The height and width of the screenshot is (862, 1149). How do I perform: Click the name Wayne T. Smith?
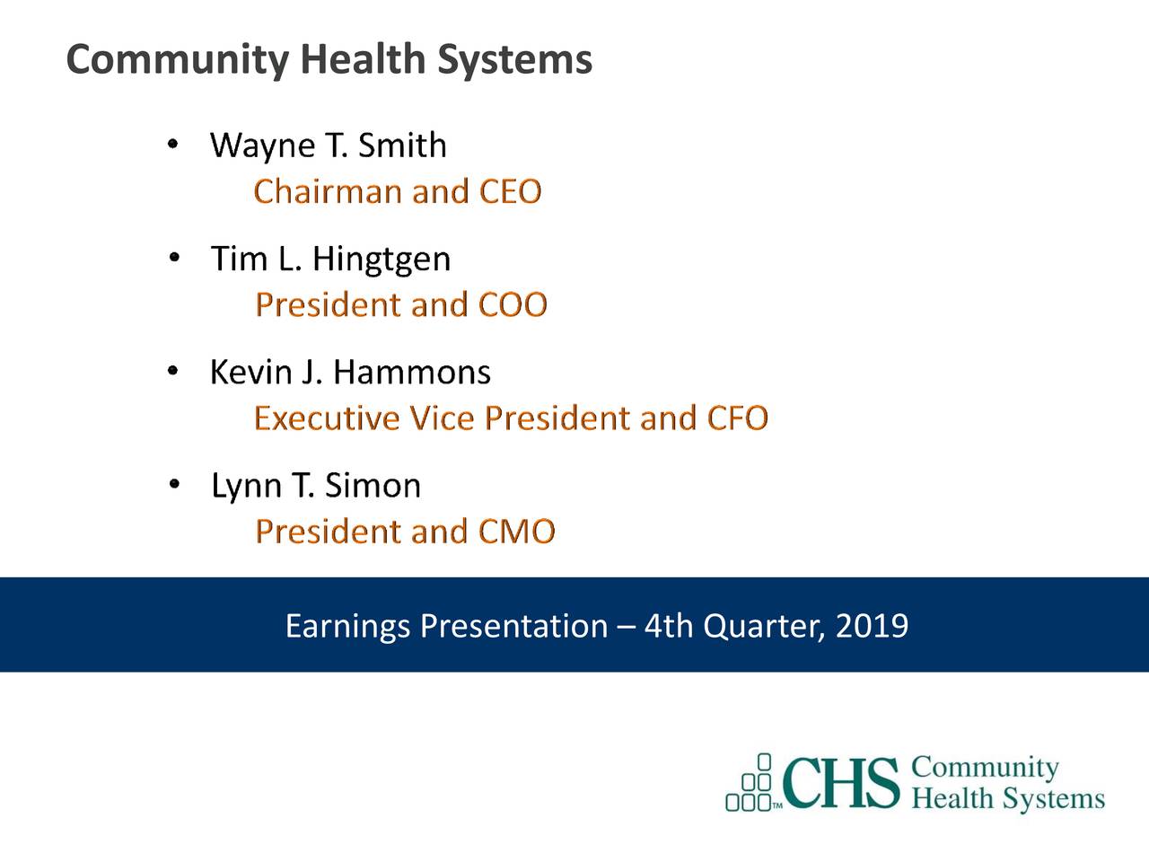(328, 145)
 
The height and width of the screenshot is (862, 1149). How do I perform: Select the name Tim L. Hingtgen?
(330, 259)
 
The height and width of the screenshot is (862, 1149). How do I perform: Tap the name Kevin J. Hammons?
(350, 372)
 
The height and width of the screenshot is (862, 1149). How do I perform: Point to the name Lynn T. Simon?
(316, 486)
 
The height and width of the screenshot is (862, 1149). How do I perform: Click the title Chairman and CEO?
(398, 192)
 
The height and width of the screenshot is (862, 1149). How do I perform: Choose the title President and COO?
(401, 305)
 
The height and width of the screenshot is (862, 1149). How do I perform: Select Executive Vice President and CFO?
(511, 418)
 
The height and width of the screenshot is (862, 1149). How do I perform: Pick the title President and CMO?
(406, 532)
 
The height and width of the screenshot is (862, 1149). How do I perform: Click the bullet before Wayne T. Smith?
(174, 144)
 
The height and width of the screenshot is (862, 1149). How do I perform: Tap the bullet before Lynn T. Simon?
(174, 485)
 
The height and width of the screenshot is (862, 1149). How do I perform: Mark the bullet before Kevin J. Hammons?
(174, 371)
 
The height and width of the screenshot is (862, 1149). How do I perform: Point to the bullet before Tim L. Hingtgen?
(174, 259)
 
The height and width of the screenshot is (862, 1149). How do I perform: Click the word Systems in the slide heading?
(514, 61)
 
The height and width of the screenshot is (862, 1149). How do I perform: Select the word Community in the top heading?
(177, 61)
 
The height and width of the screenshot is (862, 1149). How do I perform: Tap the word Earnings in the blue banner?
(347, 626)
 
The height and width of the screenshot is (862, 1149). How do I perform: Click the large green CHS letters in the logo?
(841, 783)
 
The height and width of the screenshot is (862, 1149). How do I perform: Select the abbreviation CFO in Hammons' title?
(737, 418)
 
